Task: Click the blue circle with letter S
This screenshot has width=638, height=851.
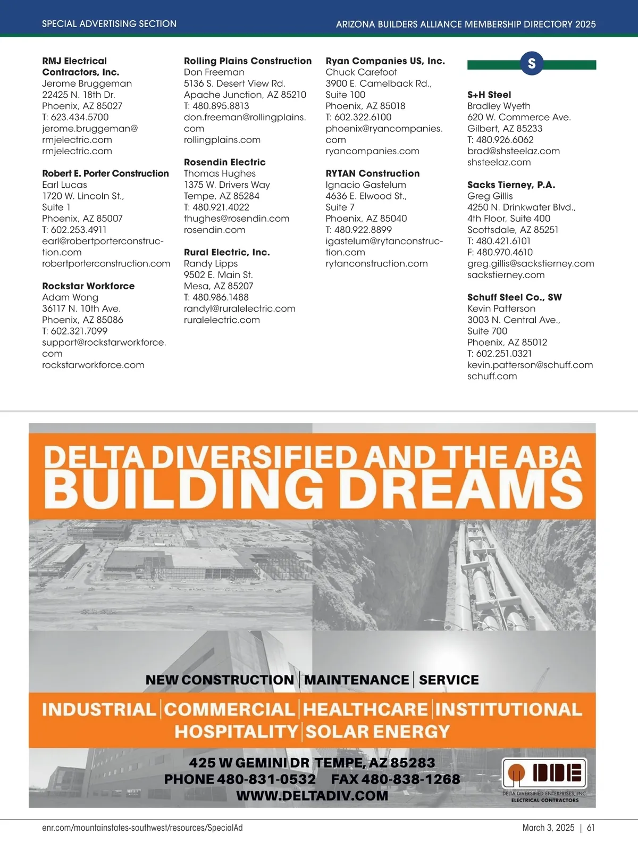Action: click(531, 64)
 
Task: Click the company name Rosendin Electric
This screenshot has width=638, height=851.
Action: click(224, 162)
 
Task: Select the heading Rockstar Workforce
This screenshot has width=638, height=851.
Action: click(88, 286)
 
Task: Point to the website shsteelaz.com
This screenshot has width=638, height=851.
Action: click(499, 162)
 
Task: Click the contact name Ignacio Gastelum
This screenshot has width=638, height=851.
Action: click(366, 185)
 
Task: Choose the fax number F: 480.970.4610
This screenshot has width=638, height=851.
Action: click(500, 253)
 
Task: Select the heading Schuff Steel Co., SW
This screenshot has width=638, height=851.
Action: click(514, 297)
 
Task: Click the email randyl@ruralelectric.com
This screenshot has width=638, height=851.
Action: click(239, 308)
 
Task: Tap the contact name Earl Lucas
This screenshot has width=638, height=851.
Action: click(64, 185)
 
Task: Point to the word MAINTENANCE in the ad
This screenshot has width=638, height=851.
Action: click(356, 680)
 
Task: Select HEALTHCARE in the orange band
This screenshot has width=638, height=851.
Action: click(365, 710)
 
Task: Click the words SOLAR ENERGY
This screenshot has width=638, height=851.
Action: click(377, 732)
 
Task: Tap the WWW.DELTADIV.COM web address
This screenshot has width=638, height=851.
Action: click(312, 796)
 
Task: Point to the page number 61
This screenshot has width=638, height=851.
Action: click(591, 828)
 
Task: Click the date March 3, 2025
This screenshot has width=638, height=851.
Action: click(548, 828)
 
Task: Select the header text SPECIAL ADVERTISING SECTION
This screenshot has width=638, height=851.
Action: click(109, 24)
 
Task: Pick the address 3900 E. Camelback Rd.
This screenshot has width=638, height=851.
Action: click(379, 84)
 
